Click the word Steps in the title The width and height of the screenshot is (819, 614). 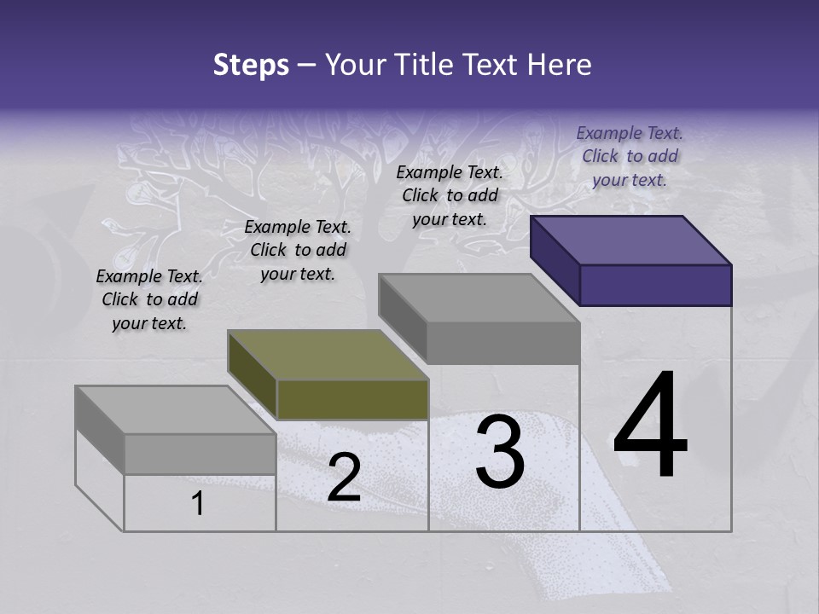(x=251, y=65)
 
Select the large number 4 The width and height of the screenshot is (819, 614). (x=650, y=426)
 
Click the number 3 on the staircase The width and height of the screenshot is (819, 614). (x=499, y=452)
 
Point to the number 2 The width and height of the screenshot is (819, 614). (x=344, y=478)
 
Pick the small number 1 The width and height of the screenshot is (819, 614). (x=198, y=504)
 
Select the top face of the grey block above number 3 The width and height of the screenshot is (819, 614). (x=479, y=298)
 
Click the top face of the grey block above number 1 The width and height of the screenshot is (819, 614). (x=176, y=410)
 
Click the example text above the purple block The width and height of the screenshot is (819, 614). (x=630, y=156)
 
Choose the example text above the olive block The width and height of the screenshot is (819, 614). (x=298, y=250)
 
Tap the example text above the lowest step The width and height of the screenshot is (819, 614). (x=149, y=299)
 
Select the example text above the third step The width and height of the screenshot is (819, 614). (x=450, y=195)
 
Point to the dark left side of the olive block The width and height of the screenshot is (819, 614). (x=252, y=375)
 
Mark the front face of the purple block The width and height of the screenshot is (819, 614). (x=655, y=285)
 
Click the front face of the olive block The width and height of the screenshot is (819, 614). (x=352, y=399)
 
